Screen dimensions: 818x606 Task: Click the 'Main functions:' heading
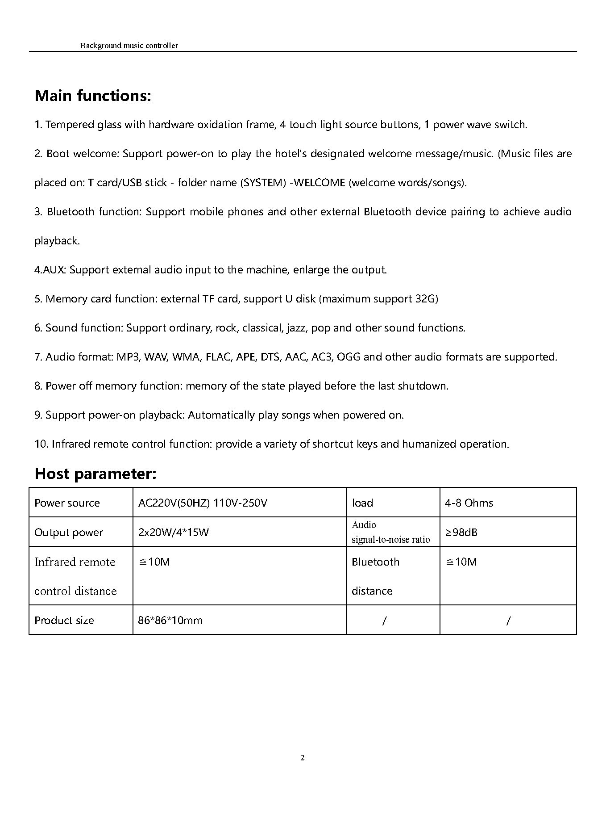click(x=93, y=96)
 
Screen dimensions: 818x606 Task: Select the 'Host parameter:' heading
click(x=95, y=474)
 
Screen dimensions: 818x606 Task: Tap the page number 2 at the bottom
click(x=303, y=758)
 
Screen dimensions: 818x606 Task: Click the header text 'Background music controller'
click(x=129, y=46)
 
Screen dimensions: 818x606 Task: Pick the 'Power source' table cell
click(x=67, y=503)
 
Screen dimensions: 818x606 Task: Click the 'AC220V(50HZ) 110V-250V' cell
click(x=203, y=503)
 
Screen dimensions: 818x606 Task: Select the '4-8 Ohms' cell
click(x=469, y=503)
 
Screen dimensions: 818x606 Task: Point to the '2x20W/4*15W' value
click(x=174, y=533)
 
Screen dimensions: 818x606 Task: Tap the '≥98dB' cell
click(x=461, y=533)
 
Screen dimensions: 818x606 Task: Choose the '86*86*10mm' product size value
click(x=170, y=621)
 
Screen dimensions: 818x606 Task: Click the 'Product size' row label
click(x=64, y=621)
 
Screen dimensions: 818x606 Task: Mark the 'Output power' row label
click(x=69, y=533)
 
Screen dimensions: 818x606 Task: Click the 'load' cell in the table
click(x=362, y=503)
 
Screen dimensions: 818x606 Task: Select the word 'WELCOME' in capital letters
click(x=319, y=183)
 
